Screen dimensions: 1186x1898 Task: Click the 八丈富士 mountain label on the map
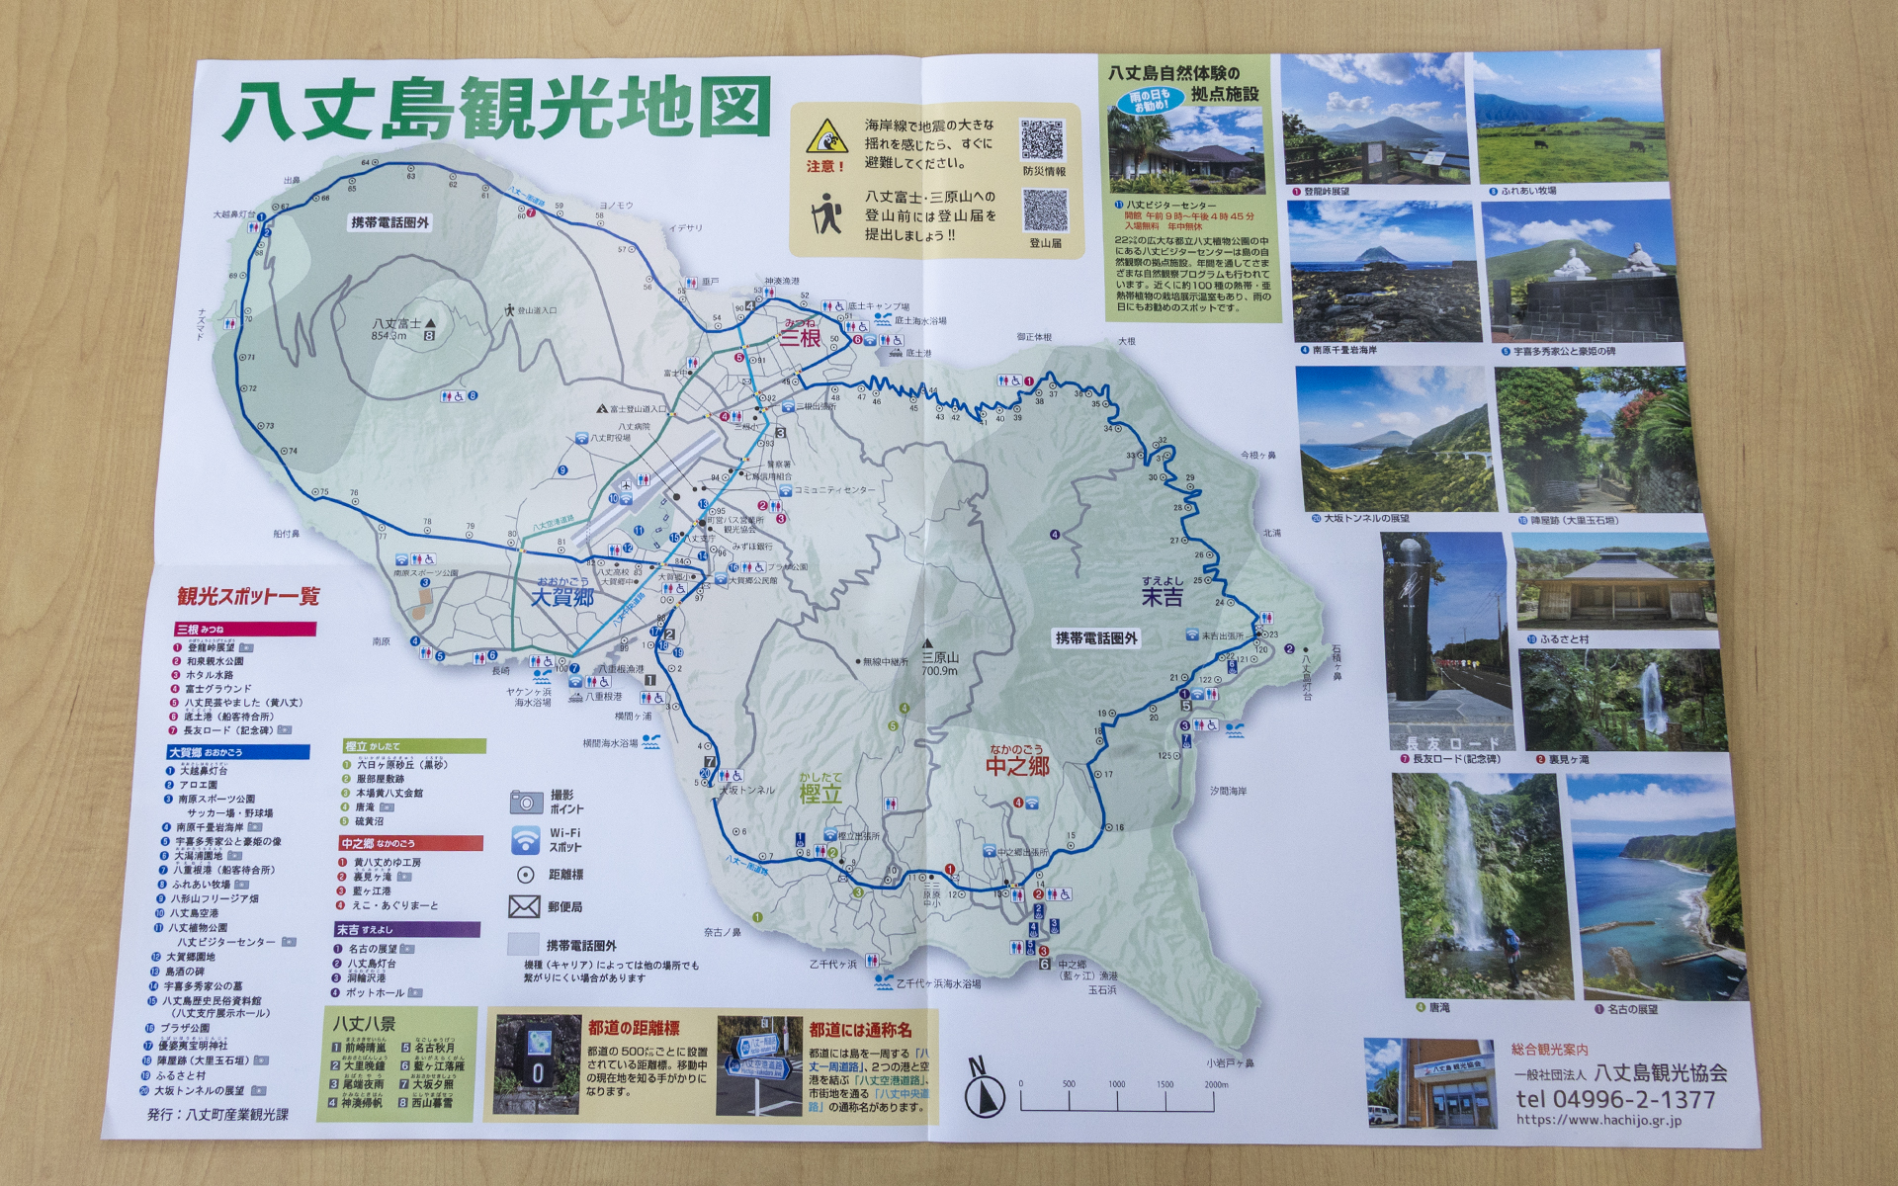pyautogui.click(x=396, y=324)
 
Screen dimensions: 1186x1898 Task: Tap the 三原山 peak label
pyautogui.click(x=940, y=657)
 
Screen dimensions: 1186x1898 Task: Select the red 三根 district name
pyautogui.click(x=801, y=337)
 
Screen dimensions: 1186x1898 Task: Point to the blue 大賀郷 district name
pyautogui.click(x=562, y=597)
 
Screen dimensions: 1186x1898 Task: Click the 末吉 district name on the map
pyautogui.click(x=1162, y=597)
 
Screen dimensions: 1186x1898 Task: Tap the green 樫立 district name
pyautogui.click(x=820, y=793)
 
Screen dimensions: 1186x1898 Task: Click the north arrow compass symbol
pyautogui.click(x=983, y=1091)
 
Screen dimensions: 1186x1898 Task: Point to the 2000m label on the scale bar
pyautogui.click(x=1216, y=1084)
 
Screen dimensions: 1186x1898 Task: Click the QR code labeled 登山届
pyautogui.click(x=1045, y=211)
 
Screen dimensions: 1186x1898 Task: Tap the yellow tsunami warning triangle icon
pyautogui.click(x=825, y=136)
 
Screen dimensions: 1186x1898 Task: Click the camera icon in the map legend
pyautogui.click(x=526, y=802)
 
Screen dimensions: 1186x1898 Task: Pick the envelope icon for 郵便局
pyautogui.click(x=524, y=906)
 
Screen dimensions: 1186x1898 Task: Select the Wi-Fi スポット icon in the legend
pyautogui.click(x=526, y=840)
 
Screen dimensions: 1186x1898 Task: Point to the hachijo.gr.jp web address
pyautogui.click(x=1598, y=1120)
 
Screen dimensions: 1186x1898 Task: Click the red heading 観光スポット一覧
pyautogui.click(x=249, y=596)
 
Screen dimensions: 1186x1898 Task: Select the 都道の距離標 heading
pyautogui.click(x=634, y=1028)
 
